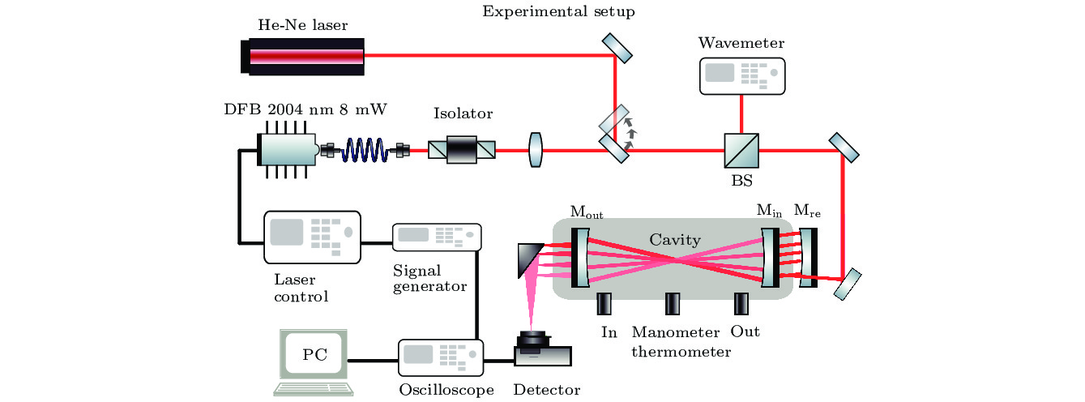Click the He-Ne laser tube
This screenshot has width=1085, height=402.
point(302,57)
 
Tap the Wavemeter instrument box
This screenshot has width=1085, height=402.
point(742,76)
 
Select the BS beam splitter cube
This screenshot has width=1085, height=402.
point(741,151)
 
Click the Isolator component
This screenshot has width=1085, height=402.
point(462,150)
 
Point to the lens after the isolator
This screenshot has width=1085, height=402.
point(536,150)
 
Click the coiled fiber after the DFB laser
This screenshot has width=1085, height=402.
point(365,150)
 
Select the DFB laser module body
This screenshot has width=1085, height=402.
point(287,150)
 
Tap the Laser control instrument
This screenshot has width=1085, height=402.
point(312,237)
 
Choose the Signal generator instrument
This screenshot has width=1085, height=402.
point(437,237)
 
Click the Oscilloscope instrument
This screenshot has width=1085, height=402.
point(441,358)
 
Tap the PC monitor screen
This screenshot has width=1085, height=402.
point(314,354)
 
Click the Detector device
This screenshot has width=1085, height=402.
point(543,349)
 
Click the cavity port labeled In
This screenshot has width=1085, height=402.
point(604,304)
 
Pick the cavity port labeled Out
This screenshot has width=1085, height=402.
point(741,304)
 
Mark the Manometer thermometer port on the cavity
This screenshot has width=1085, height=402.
point(673,304)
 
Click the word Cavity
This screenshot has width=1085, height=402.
point(675,240)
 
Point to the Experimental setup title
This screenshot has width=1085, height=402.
point(558,11)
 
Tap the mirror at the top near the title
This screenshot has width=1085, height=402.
point(617,48)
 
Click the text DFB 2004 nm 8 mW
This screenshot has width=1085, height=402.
point(305,109)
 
